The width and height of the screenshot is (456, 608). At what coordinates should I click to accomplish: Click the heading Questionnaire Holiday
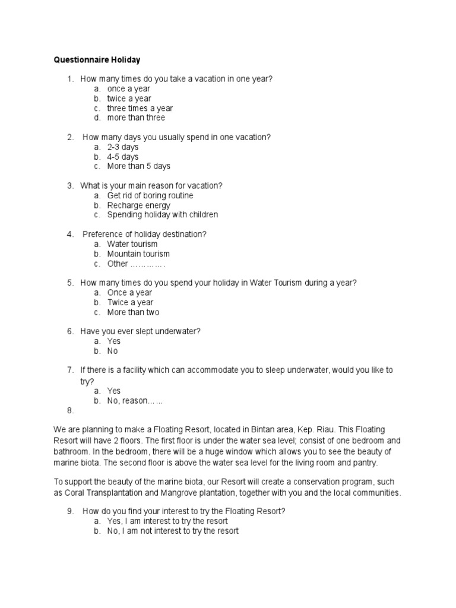point(97,60)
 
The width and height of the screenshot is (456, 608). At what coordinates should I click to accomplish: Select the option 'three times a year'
point(140,108)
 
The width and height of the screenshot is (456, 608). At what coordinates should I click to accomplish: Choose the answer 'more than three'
point(136,118)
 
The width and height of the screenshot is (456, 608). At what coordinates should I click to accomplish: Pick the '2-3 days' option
point(122,147)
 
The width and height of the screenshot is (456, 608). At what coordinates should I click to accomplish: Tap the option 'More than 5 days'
point(138,166)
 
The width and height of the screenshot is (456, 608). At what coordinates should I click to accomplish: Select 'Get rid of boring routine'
point(150,195)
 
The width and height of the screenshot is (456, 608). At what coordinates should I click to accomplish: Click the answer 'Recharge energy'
point(138,205)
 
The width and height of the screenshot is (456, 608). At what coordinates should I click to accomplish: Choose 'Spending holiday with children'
point(162,215)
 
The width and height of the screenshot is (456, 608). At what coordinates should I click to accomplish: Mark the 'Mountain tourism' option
point(138,254)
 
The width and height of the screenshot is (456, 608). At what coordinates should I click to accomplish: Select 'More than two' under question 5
point(133,312)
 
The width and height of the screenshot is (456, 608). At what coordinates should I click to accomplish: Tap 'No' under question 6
point(112,351)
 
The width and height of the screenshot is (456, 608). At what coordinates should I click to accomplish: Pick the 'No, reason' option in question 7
point(135,401)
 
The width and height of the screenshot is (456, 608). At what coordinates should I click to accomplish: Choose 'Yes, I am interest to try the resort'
point(167,521)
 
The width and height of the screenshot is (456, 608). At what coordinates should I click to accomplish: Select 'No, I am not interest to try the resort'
point(173,531)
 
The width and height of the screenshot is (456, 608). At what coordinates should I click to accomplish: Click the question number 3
point(69,186)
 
